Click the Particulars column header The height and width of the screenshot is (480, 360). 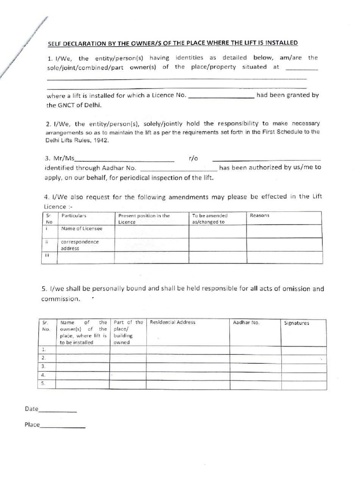tap(74, 216)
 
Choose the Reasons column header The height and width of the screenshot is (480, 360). tap(259, 216)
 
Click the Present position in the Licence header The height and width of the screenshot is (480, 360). tap(143, 219)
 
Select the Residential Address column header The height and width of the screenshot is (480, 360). tap(172, 322)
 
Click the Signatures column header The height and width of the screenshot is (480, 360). tap(297, 323)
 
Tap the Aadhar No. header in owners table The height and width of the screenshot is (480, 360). tap(246, 322)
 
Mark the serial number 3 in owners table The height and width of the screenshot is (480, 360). tap(43, 366)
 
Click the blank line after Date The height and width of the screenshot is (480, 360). tap(57, 411)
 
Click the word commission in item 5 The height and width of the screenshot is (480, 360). tap(60, 299)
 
